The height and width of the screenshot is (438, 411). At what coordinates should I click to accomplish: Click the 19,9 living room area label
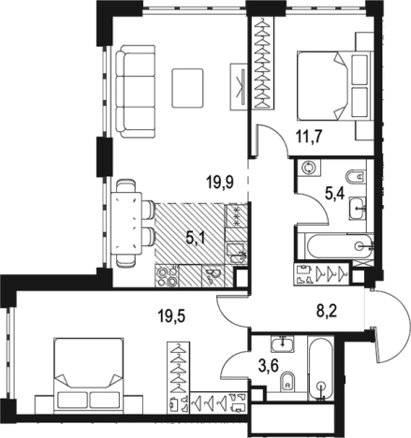pos(220,182)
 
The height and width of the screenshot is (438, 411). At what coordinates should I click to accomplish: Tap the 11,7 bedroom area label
pos(309,137)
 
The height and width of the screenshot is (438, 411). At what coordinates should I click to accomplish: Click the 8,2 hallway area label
pos(327,311)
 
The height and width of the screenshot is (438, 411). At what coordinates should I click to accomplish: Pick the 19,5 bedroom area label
pos(171,317)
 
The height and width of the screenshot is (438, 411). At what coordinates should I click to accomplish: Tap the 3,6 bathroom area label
pos(269,365)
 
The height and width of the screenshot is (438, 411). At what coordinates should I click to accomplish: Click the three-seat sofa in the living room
pos(135,92)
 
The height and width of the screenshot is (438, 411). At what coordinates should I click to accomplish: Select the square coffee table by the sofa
pos(187,88)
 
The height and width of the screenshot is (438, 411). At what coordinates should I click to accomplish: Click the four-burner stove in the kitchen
pos(167,275)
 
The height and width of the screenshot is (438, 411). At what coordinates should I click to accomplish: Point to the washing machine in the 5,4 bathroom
pos(309,168)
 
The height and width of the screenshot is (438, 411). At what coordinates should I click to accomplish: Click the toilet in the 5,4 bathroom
pos(357,177)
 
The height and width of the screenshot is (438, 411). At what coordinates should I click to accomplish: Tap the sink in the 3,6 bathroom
pos(283,343)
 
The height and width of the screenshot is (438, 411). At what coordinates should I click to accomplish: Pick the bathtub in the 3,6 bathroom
pos(321,368)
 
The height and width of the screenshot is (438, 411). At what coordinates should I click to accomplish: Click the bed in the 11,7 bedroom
pos(334,86)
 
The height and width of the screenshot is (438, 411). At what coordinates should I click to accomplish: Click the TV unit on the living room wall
pos(239,86)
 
